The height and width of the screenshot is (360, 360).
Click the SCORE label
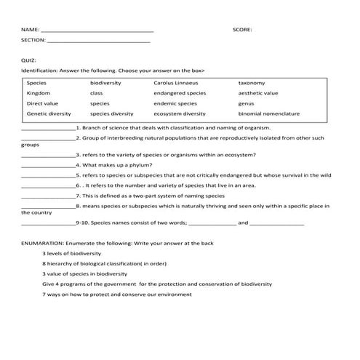[242, 30]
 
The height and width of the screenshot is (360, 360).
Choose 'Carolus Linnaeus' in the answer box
[175, 83]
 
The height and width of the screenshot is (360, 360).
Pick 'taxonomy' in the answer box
[252, 83]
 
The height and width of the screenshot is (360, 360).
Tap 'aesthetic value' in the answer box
[258, 93]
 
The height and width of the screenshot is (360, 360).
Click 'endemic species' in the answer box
[175, 103]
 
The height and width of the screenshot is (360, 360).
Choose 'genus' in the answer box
[246, 103]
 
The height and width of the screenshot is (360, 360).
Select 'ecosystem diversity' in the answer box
[180, 113]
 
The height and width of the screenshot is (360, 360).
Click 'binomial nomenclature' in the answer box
[269, 113]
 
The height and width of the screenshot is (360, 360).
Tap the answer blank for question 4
[48, 166]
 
